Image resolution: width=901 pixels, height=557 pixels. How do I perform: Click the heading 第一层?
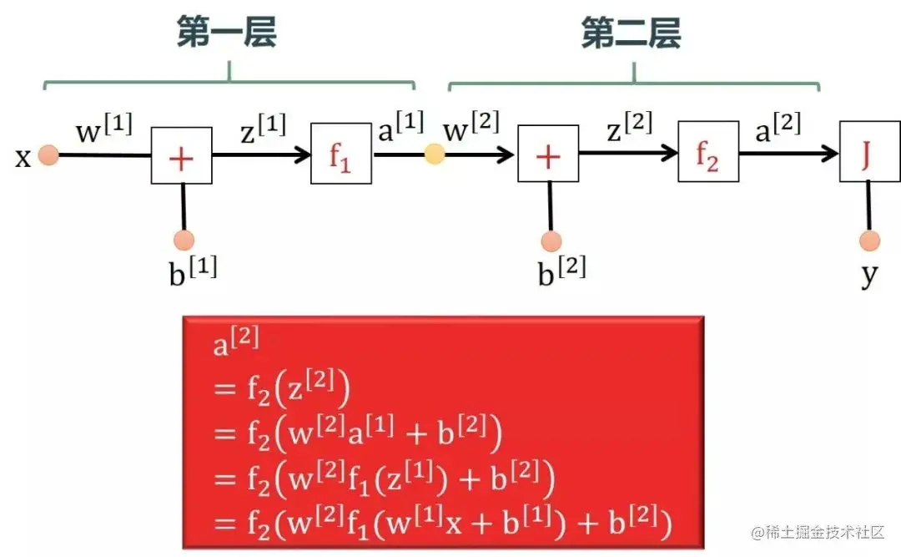(x=226, y=34)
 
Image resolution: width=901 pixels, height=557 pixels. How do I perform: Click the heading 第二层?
(x=631, y=34)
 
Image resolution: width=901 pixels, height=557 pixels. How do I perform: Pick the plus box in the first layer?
(x=181, y=155)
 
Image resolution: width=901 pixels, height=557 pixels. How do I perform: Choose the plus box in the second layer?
(x=547, y=155)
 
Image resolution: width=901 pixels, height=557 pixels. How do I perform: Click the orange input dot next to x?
(x=48, y=155)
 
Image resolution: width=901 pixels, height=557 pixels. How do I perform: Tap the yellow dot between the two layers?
(x=435, y=154)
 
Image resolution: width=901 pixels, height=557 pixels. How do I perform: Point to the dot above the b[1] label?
(x=184, y=241)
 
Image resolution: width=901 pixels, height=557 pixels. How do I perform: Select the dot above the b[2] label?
(x=551, y=241)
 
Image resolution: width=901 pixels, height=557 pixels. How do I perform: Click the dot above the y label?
(x=869, y=241)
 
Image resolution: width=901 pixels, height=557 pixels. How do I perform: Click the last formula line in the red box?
(x=442, y=523)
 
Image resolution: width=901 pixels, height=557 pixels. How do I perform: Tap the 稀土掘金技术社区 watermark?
(x=818, y=532)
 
